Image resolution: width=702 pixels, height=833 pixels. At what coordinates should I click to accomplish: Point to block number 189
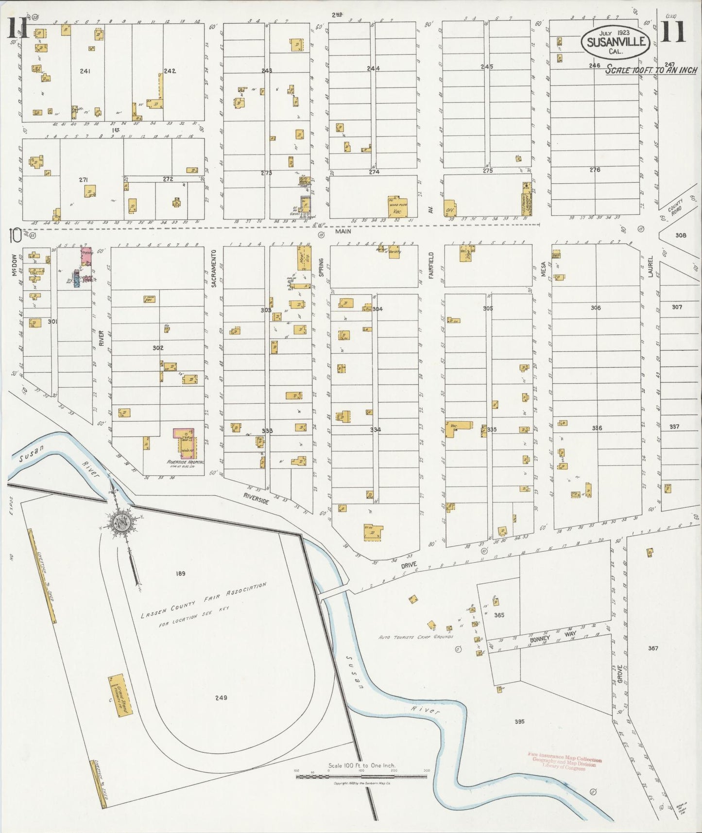pos(180,574)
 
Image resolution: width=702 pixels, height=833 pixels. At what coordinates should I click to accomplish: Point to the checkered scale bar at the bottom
pos(361,776)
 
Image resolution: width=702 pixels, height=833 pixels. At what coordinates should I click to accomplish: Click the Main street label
pos(343,232)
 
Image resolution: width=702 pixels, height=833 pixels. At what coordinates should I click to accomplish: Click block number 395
pos(519,722)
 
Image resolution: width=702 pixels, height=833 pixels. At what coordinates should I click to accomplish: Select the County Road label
pos(675,207)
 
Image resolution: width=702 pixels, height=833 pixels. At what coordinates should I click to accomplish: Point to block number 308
pos(681,235)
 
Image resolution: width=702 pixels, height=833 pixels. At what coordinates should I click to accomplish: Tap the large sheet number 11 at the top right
pos(673,31)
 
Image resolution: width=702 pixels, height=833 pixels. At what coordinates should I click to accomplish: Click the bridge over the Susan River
pos(335,592)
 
